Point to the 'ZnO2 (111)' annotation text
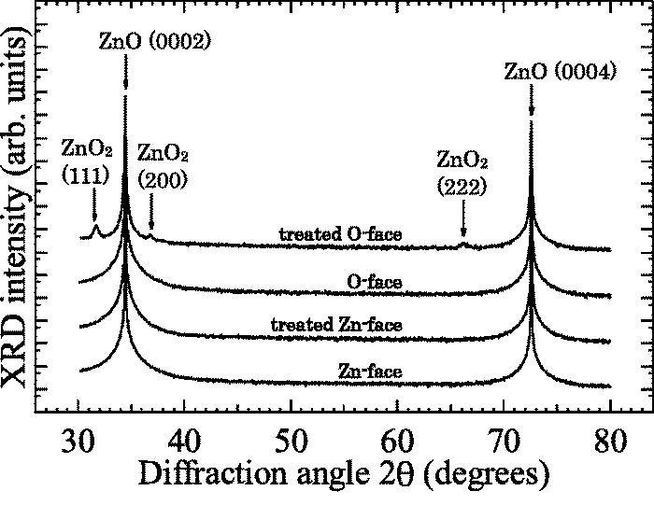86,160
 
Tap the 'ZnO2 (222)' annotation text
462,173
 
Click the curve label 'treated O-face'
340,234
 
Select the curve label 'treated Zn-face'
335,325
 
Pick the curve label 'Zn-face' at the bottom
370,372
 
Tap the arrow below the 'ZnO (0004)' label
532,105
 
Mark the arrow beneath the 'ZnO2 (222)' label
463,221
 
